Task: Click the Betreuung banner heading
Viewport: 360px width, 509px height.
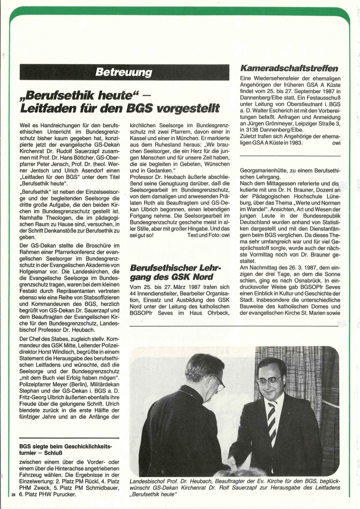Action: (x=123, y=72)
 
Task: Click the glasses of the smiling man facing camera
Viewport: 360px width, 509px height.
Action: (x=270, y=380)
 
